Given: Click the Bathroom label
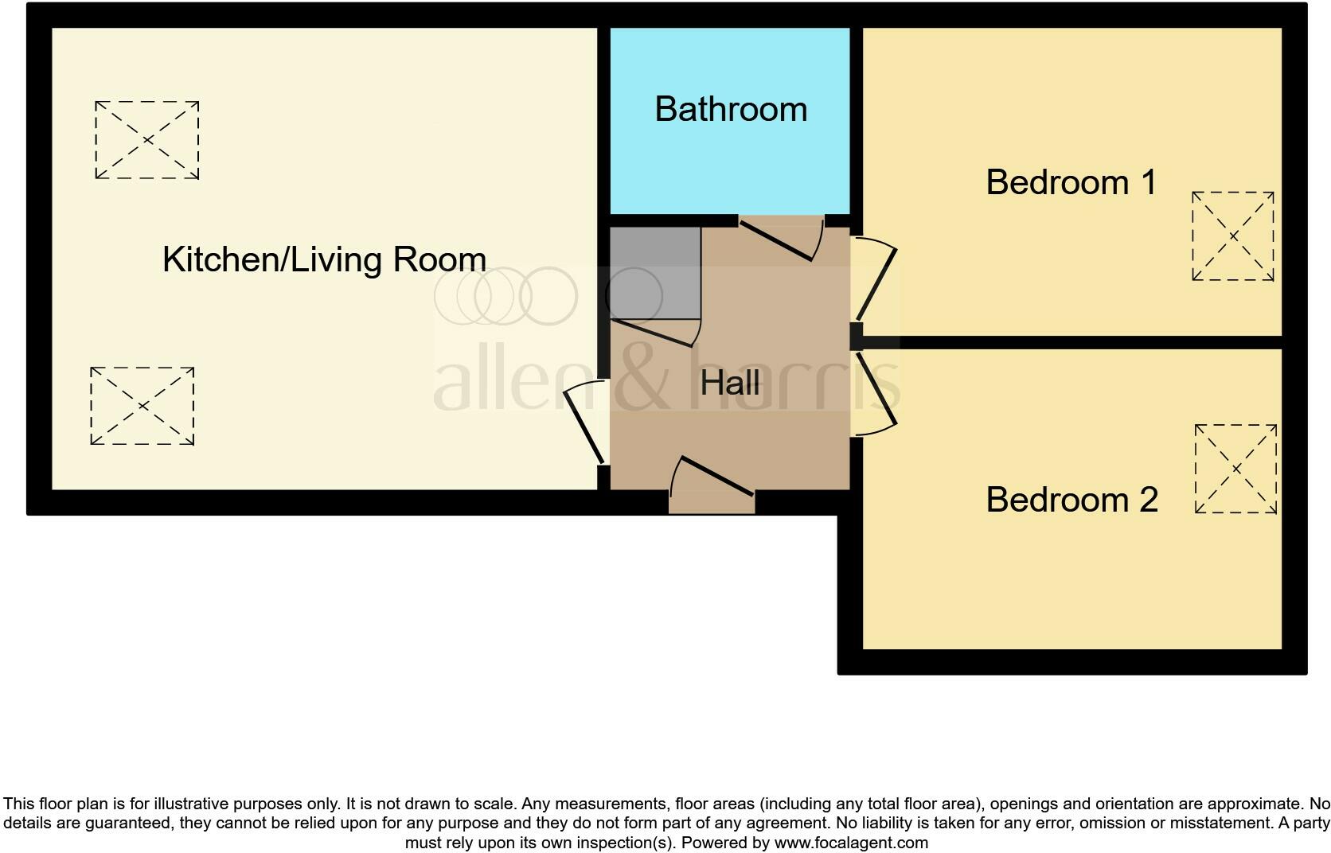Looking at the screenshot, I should click(731, 109).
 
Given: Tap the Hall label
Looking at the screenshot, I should click(730, 383).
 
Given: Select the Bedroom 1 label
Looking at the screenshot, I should click(1071, 182).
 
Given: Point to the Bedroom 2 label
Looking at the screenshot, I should click(1071, 500).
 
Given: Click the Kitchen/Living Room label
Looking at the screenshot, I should click(324, 259).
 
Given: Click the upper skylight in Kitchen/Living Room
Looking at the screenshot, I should click(147, 140).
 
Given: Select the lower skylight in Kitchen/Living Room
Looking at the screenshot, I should click(142, 406).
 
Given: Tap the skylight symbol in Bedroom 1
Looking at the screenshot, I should click(1232, 236).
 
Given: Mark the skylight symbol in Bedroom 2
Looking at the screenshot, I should click(1235, 469).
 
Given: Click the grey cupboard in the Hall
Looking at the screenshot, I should click(654, 273).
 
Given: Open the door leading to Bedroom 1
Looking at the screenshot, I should click(876, 282).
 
